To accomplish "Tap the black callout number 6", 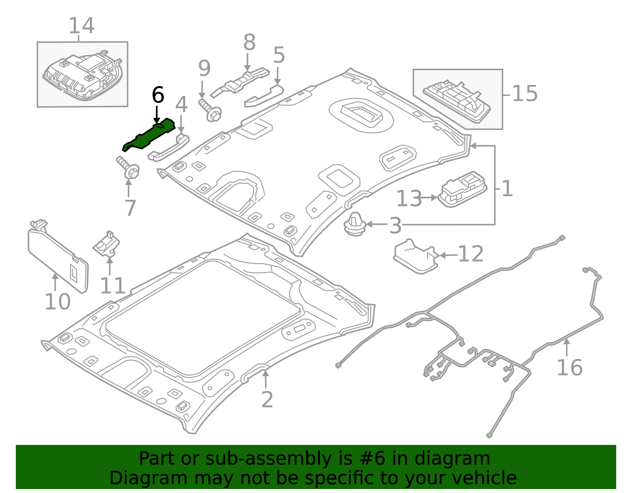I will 158,96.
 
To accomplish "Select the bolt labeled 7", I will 128,168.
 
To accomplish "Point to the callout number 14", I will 81,26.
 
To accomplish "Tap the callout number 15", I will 525,94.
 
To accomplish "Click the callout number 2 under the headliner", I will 267,400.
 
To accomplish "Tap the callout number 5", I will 279,56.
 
